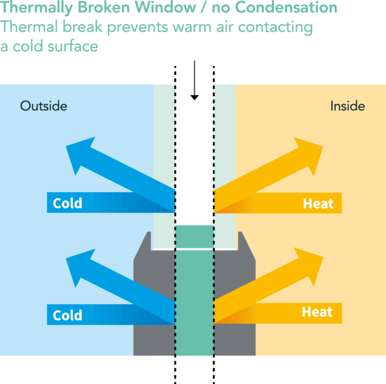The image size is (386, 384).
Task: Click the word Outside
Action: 43,106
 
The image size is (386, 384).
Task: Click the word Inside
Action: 347,106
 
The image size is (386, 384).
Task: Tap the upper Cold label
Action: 67,203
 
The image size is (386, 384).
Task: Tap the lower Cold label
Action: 67,315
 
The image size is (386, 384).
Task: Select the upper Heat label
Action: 318,203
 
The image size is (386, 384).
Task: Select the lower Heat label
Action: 317,312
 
